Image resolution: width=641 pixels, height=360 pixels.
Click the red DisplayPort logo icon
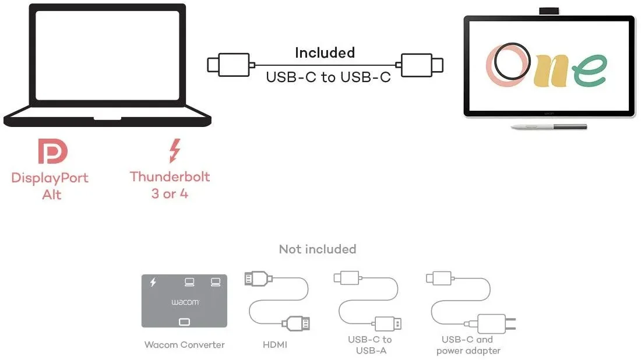[x=52, y=151]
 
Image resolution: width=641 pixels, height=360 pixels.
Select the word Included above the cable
[x=325, y=53]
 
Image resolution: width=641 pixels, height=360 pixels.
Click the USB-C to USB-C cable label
[x=328, y=77]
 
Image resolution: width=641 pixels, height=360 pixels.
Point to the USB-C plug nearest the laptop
[x=229, y=64]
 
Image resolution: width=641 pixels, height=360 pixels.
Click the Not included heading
[x=317, y=249]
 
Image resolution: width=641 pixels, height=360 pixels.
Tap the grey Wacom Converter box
[x=184, y=301]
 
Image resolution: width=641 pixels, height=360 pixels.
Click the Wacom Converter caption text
[x=184, y=345]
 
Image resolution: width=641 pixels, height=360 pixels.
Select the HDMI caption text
[x=275, y=345]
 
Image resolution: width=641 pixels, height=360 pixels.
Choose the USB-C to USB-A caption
[x=369, y=345]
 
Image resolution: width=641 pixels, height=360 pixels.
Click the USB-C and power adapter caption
[x=468, y=345]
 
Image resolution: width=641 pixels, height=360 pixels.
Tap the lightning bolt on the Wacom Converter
[x=153, y=283]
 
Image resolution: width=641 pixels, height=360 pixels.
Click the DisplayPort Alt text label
[x=50, y=186]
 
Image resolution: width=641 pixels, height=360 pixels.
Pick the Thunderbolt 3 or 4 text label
[x=170, y=185]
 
